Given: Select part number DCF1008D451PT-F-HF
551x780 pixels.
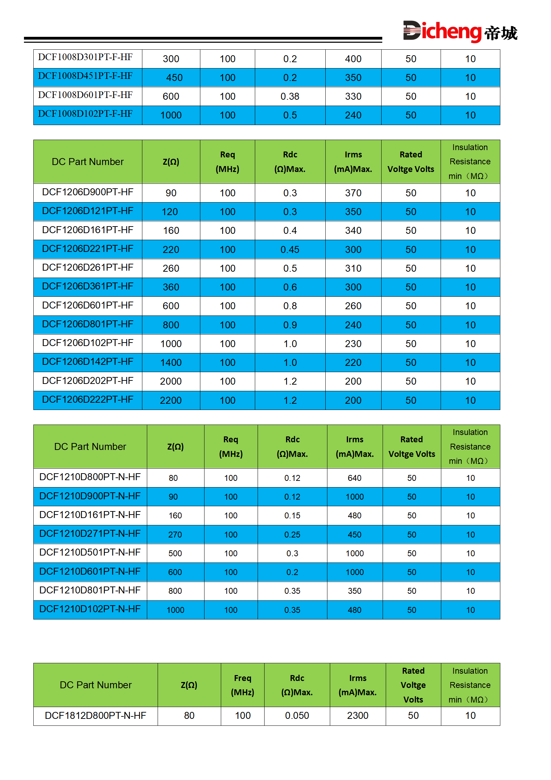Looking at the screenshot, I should pos(85,76).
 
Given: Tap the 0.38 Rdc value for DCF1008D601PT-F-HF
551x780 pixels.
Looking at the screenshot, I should pos(290,96).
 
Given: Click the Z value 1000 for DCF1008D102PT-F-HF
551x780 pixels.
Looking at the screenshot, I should pos(171,115).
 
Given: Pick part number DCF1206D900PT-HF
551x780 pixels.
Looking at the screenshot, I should pos(87,192).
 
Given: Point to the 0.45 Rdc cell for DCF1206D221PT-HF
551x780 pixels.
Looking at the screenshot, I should pos(290,249).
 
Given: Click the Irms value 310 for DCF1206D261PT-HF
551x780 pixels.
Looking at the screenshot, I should pos(353,268).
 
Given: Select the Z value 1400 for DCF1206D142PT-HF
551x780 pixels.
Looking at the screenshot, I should pos(171,362).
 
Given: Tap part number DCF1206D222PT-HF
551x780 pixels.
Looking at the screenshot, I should pos(87,400).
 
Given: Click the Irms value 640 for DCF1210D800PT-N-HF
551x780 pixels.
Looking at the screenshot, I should pos(354,478).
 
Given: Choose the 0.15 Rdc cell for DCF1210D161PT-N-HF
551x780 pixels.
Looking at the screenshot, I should pos(292,516).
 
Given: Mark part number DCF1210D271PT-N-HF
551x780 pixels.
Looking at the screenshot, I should pos(90,534).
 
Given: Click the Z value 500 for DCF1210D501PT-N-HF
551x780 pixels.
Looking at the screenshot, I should pos(175,553).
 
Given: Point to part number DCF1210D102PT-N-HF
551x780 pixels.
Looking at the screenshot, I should pos(90,609).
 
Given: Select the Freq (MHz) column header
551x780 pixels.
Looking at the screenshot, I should pos(242,685).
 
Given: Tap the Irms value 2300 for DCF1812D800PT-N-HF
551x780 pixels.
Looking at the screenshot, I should pos(358,716).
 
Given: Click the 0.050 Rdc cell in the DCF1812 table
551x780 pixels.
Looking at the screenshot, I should pos(297,716).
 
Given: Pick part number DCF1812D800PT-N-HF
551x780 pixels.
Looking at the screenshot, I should pos(95,716).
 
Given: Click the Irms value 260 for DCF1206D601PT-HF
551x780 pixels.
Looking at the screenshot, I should pos(353,306).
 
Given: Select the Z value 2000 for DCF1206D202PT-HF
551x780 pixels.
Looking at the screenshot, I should pos(171,381).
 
